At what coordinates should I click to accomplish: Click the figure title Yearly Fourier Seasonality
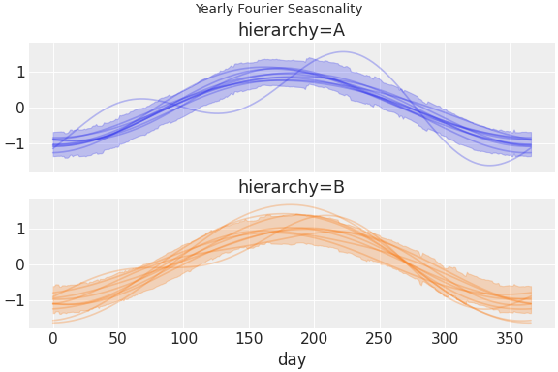point(279,9)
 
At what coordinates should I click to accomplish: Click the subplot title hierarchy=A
point(292,30)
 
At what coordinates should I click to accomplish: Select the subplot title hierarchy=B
point(292,187)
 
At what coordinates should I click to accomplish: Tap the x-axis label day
point(292,359)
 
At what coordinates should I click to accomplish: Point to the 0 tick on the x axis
point(53,338)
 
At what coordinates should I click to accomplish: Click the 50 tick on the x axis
point(118,338)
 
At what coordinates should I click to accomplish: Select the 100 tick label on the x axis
point(184,338)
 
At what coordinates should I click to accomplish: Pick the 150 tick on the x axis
point(249,338)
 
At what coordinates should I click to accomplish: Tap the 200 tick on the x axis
point(315,338)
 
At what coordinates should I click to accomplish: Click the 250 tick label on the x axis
point(380,338)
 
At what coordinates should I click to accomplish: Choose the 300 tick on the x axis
point(446,338)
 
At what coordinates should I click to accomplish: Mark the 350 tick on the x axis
point(511,338)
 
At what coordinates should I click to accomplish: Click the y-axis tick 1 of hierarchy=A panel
point(19,72)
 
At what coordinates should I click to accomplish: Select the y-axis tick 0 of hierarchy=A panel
point(19,108)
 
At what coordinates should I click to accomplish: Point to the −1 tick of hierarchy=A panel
point(15,143)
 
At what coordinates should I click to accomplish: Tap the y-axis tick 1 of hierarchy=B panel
point(19,229)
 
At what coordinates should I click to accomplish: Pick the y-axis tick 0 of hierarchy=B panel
point(19,264)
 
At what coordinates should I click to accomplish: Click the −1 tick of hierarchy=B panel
point(15,300)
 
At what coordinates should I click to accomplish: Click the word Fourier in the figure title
point(263,9)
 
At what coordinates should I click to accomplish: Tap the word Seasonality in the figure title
point(325,9)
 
